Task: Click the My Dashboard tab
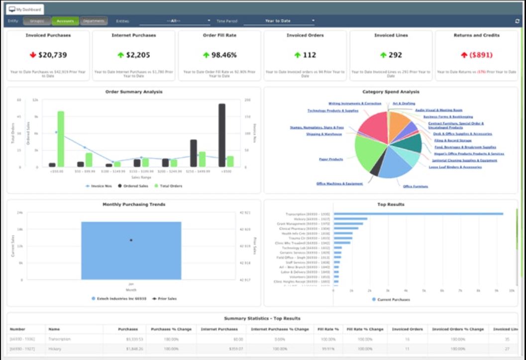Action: [25, 9]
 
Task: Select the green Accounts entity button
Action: [65, 21]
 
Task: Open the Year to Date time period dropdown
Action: [279, 21]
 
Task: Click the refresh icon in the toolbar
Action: [517, 21]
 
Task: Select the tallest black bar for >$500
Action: [221, 135]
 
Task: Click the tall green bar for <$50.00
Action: [61, 139]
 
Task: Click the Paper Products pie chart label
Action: [331, 159]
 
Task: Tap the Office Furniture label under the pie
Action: [416, 186]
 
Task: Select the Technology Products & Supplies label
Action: [332, 111]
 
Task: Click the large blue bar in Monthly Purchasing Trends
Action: [131, 250]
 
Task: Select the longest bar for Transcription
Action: [418, 214]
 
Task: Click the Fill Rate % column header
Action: [328, 329]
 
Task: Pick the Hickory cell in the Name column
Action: [55, 349]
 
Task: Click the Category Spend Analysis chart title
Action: [391, 92]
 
